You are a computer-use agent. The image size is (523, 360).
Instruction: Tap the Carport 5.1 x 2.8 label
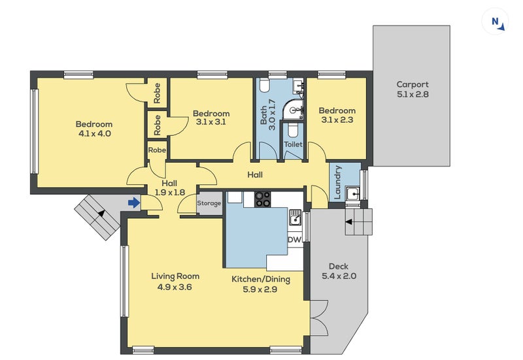click(413, 89)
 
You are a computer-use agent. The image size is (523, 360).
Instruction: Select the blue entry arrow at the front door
click(133, 203)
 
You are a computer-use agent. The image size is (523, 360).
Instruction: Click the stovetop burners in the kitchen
click(263, 199)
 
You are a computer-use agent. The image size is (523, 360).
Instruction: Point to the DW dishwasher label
click(295, 240)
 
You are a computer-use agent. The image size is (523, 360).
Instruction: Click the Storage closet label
click(209, 203)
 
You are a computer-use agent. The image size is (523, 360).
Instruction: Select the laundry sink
click(352, 193)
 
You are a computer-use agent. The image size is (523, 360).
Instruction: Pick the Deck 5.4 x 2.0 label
click(339, 271)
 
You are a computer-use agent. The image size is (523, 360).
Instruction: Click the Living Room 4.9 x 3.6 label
click(175, 281)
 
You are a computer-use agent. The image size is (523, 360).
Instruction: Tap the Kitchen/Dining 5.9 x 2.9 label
click(261, 284)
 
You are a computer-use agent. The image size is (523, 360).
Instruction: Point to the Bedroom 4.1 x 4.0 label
click(93, 129)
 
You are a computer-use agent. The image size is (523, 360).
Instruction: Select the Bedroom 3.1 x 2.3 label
click(338, 116)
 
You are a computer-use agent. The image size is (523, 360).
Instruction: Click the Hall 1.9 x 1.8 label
click(169, 188)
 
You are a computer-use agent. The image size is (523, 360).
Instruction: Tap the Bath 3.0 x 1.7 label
click(268, 116)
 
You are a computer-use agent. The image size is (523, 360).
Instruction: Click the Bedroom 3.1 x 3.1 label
click(211, 118)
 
